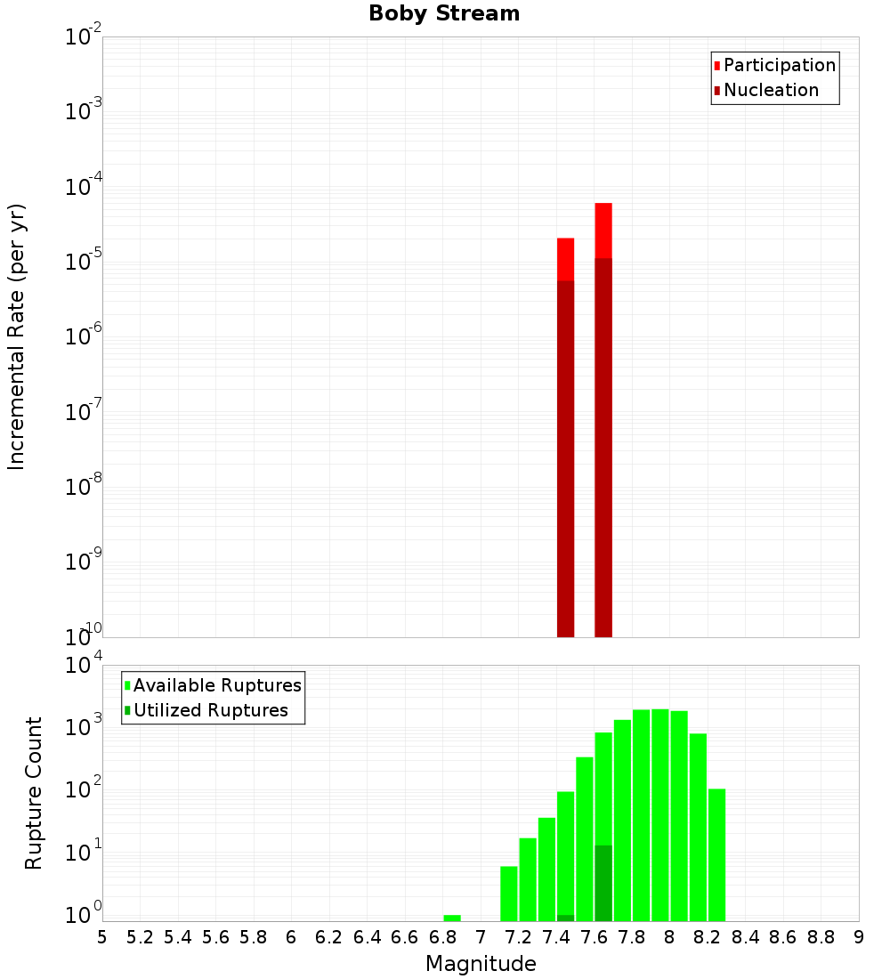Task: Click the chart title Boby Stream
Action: [x=444, y=13]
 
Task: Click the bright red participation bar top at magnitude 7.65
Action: [x=603, y=230]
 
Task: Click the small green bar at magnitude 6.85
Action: [x=452, y=918]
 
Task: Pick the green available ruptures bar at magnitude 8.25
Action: [x=716, y=854]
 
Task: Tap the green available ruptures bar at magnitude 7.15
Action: [x=509, y=894]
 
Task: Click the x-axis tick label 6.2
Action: [x=329, y=937]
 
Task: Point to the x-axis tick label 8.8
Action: [x=821, y=937]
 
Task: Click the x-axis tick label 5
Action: [x=102, y=937]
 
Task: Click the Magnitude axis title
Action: [x=481, y=964]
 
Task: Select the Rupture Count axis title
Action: [x=34, y=793]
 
